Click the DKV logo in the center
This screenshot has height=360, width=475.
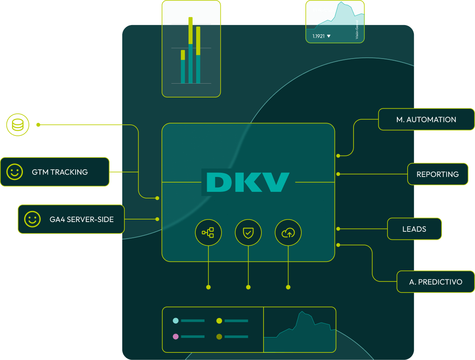[248, 182]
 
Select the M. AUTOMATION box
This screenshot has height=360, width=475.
[426, 119]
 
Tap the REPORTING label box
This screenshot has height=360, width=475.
[438, 174]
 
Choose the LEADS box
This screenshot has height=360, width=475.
[414, 229]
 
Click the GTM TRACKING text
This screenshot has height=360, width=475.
[60, 172]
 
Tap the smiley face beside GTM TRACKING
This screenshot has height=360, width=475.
[14, 172]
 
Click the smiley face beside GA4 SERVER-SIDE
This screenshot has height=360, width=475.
[32, 219]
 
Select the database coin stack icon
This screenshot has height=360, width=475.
[17, 125]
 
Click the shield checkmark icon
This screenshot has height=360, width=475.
[248, 232]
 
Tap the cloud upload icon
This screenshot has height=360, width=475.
[288, 232]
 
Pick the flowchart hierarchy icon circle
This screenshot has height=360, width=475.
[208, 232]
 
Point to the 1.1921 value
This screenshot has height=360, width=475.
[318, 37]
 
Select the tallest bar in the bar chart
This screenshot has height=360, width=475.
[191, 50]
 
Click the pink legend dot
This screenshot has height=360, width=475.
[176, 337]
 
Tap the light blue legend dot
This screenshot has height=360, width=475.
[176, 321]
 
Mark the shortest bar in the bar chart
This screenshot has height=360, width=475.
[183, 67]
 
